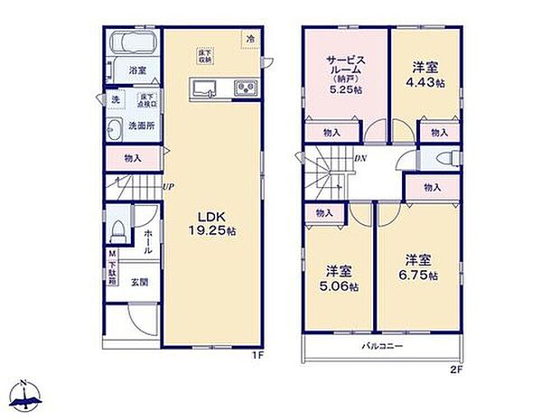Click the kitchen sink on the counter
point(203,88)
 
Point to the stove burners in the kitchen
point(245,88)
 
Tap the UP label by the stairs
point(168,187)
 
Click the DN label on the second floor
point(359,160)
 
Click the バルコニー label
point(382,346)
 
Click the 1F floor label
point(257,355)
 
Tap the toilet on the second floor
point(443,159)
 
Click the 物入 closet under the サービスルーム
point(332,133)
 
